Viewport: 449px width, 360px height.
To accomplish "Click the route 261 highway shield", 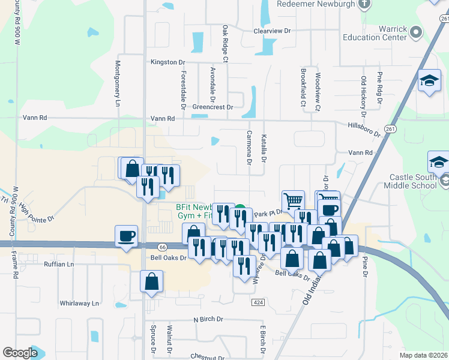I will pyautogui.click(x=391, y=128).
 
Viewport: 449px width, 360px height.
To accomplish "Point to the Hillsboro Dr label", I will pyautogui.click(x=364, y=127).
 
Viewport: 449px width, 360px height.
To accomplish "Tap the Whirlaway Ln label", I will pyautogui.click(x=79, y=304).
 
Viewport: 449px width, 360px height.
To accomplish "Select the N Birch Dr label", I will pyautogui.click(x=208, y=319).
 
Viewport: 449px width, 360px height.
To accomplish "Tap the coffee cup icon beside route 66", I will pyautogui.click(x=126, y=236).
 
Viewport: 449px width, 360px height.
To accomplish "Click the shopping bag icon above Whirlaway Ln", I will pyautogui.click(x=152, y=281).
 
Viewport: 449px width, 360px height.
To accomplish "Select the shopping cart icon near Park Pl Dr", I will pyautogui.click(x=293, y=200).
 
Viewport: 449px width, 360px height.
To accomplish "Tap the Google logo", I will pyautogui.click(x=20, y=353).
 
